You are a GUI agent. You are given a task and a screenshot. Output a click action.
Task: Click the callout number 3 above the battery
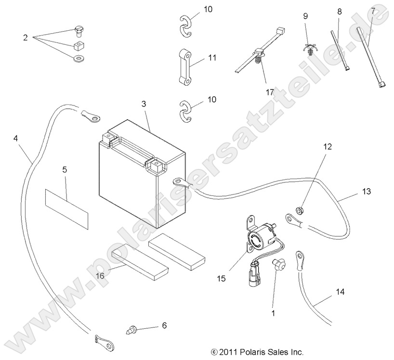(x=144, y=103)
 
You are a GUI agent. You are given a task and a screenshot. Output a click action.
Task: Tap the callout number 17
(x=269, y=91)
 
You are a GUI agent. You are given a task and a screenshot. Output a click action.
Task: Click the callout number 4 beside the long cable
(x=16, y=138)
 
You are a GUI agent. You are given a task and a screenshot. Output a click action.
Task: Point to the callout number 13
(x=367, y=192)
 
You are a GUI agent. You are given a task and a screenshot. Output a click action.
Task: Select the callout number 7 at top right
(x=372, y=10)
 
